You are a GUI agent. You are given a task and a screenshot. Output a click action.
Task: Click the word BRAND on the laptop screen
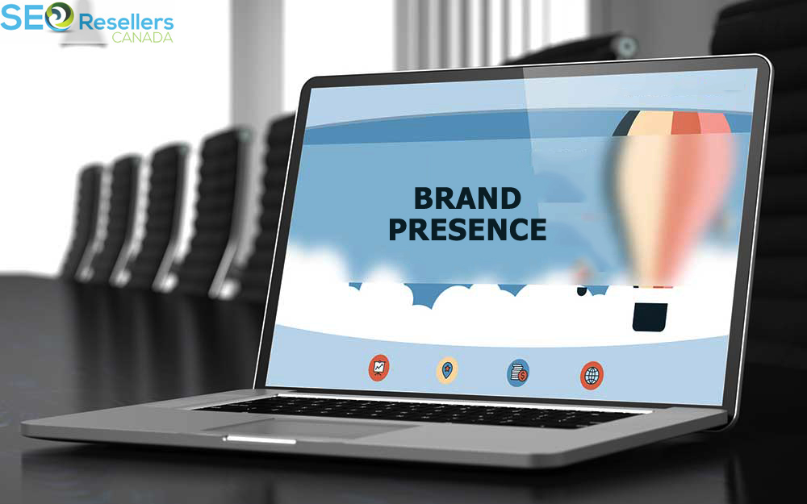[467, 198]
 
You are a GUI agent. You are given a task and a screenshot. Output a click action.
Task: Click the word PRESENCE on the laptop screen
[467, 229]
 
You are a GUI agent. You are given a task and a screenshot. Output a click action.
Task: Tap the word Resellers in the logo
[126, 23]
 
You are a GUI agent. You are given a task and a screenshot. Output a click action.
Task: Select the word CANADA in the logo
[143, 37]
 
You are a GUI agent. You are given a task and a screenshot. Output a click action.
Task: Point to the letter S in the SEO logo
[11, 17]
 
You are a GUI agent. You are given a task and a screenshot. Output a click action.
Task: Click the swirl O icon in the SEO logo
[59, 17]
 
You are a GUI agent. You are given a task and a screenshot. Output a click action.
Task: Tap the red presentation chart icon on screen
[378, 368]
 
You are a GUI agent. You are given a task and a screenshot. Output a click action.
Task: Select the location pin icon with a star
[447, 370]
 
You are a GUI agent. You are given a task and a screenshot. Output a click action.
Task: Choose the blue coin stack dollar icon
[518, 373]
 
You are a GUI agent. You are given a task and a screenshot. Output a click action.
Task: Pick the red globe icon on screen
[592, 376]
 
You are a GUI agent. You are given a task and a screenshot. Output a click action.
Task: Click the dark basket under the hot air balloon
[650, 317]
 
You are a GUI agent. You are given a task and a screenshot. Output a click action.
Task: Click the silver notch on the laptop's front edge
[260, 440]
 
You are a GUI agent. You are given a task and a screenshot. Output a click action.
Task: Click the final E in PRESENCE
[537, 229]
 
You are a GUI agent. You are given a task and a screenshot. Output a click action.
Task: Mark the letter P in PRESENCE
[398, 229]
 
